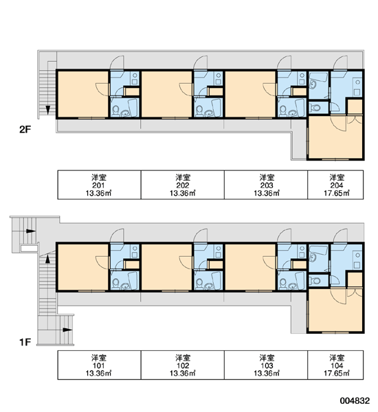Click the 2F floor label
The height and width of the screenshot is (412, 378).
(25, 130)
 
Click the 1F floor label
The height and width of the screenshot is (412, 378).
(25, 342)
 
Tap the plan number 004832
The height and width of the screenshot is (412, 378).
(355, 401)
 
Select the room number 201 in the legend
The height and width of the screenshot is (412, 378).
(99, 185)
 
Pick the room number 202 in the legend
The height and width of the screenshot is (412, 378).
(183, 185)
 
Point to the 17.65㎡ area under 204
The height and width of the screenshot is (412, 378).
(337, 194)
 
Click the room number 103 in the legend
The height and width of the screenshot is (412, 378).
(267, 365)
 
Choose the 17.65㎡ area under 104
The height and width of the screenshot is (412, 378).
(337, 373)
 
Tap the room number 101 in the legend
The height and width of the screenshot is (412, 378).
(99, 365)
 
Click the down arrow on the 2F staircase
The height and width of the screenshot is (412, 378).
(48, 110)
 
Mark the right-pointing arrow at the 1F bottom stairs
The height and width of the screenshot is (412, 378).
(67, 330)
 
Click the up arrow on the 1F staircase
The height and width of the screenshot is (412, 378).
(47, 259)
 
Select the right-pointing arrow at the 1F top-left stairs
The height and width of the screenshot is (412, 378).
(31, 231)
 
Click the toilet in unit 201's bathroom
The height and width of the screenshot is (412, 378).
(115, 111)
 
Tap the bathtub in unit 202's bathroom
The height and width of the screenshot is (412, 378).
(216, 107)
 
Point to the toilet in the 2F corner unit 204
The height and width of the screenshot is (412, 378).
(315, 108)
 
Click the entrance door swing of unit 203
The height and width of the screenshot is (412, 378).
(284, 63)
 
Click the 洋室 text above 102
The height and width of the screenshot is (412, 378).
(183, 358)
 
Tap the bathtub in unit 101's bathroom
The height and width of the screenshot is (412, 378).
(133, 280)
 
